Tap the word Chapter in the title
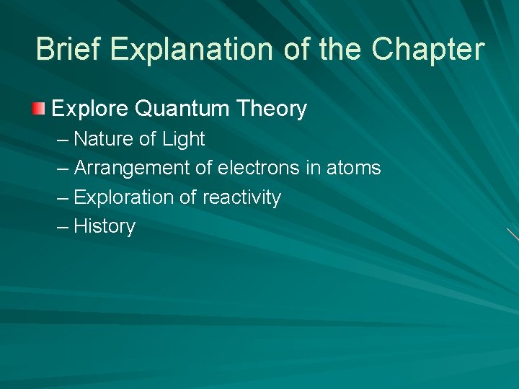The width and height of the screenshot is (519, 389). pyautogui.click(x=428, y=50)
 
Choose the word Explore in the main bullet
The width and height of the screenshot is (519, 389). pyautogui.click(x=90, y=109)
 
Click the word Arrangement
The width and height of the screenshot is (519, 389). pyautogui.click(x=132, y=168)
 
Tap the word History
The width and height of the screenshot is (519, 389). pyautogui.click(x=105, y=226)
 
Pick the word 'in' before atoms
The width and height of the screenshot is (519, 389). pyautogui.click(x=313, y=168)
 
